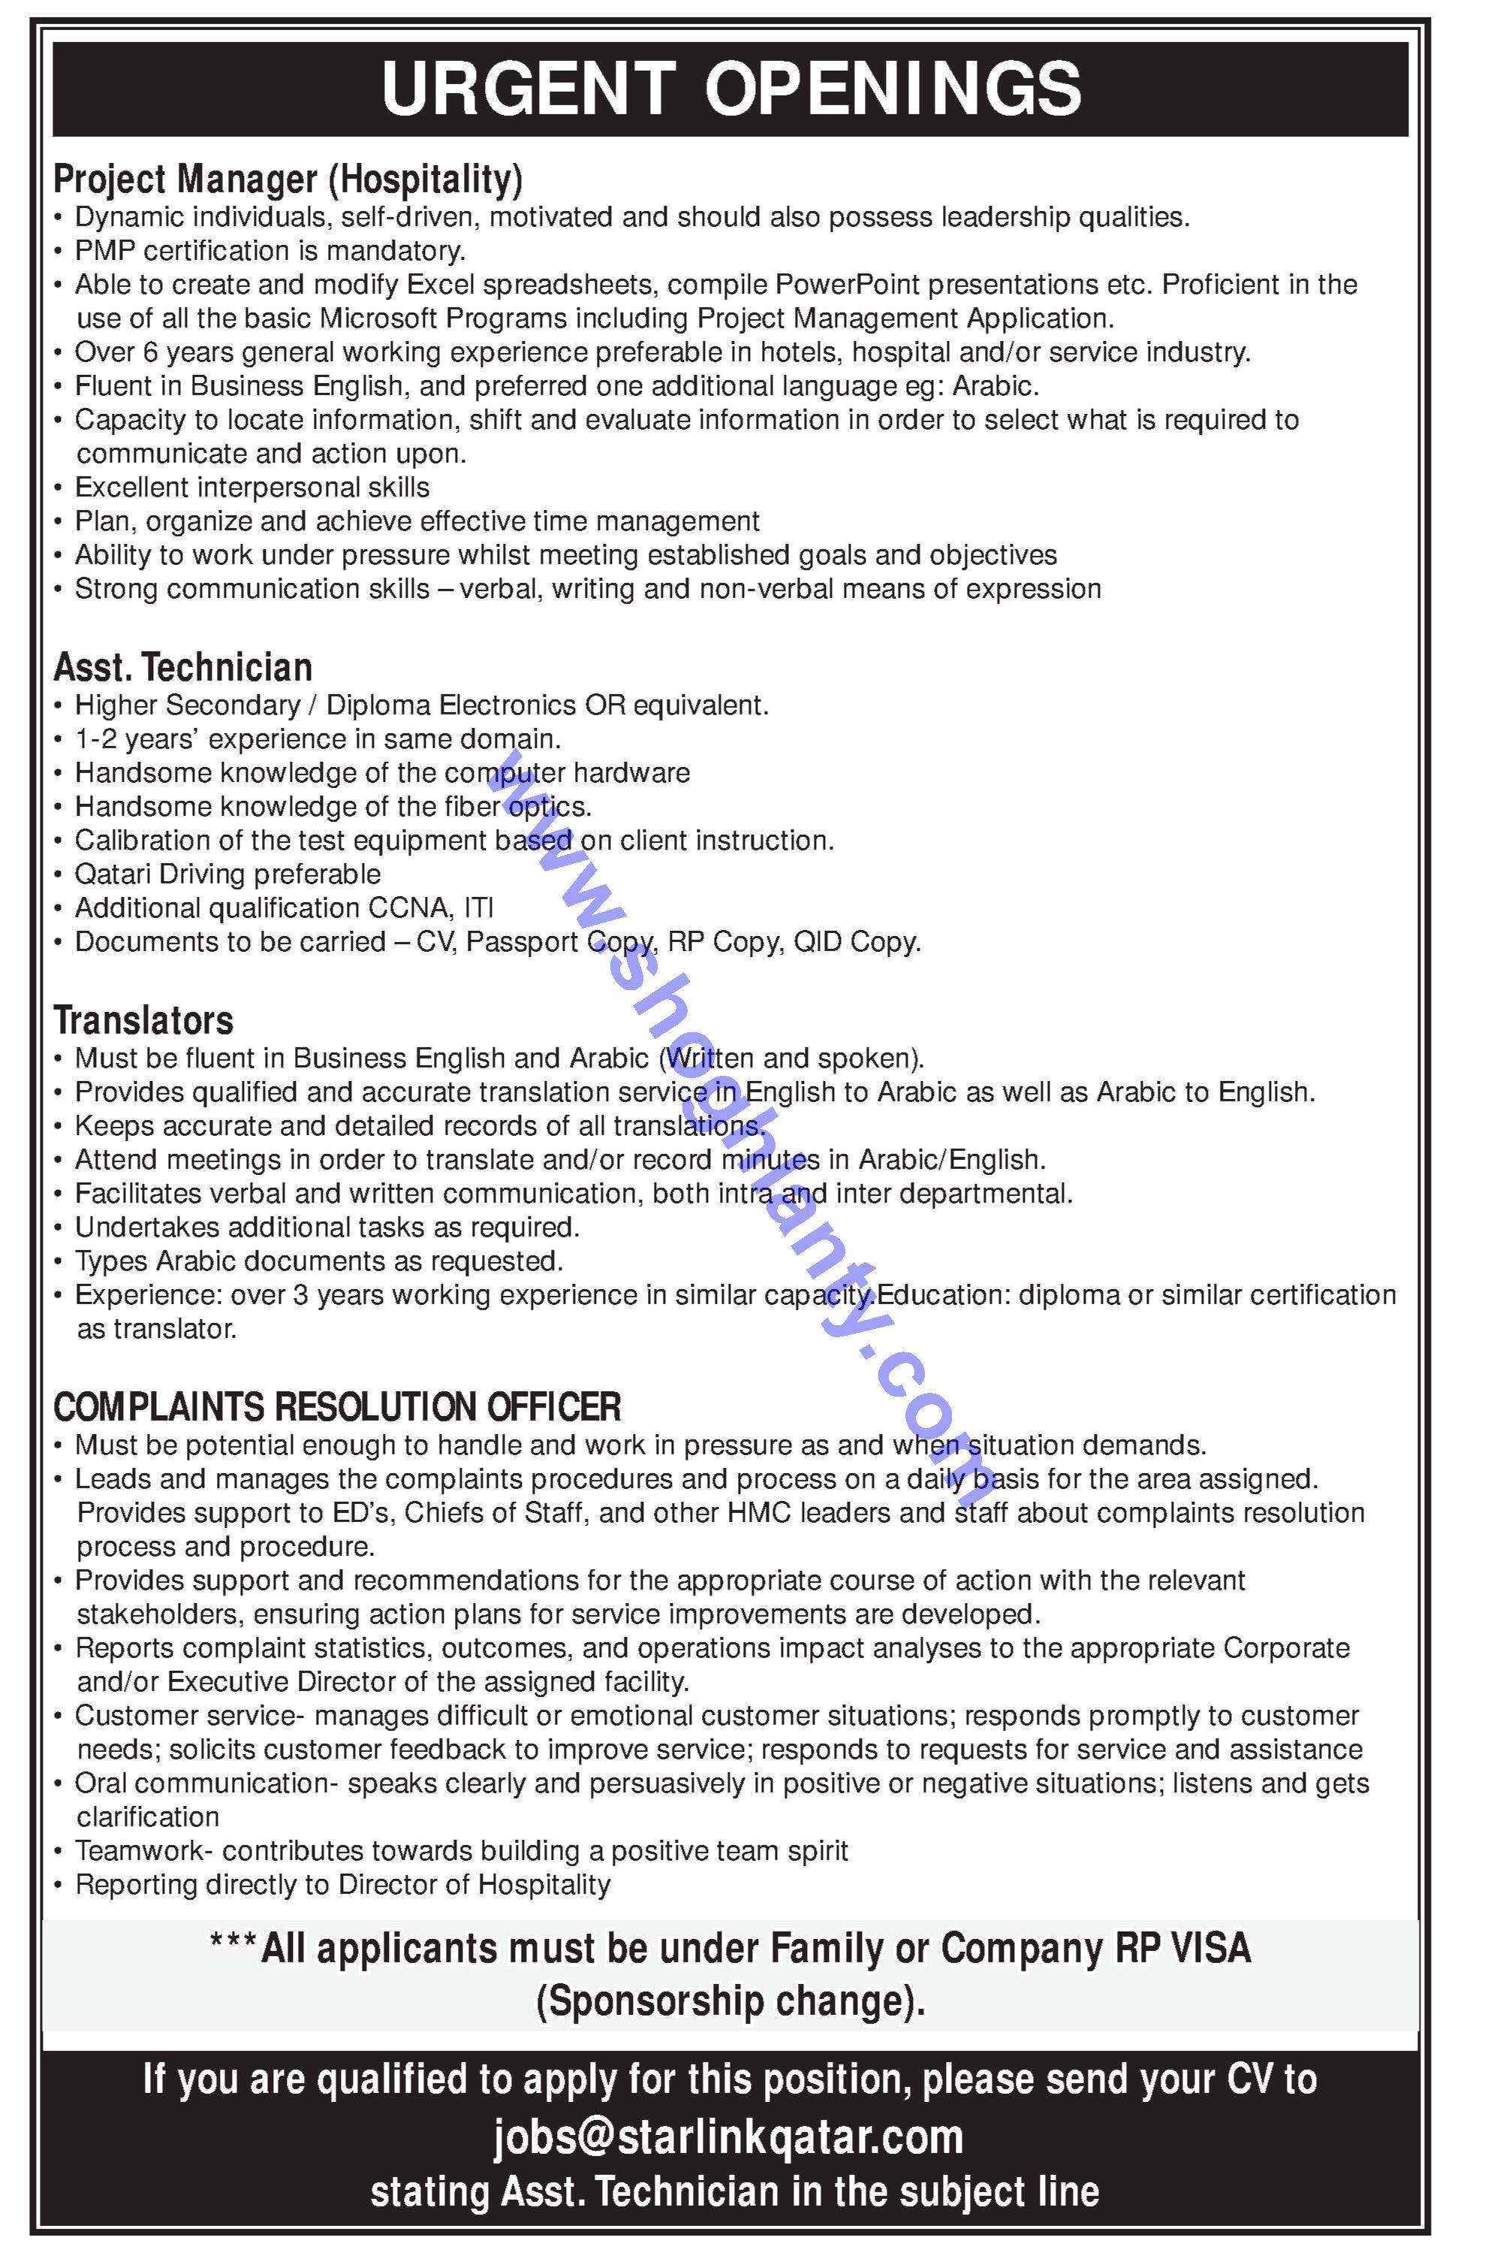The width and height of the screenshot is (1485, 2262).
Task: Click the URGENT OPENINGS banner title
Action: [x=730, y=89]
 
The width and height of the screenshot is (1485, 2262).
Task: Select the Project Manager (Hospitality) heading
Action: [x=288, y=179]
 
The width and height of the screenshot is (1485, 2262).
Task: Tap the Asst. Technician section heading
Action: [x=182, y=667]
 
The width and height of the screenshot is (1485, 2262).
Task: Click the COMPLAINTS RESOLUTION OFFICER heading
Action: [x=337, y=1406]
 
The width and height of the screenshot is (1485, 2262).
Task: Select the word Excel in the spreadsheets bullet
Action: [x=436, y=285]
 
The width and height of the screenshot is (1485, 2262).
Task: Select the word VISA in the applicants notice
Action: [x=1212, y=1949]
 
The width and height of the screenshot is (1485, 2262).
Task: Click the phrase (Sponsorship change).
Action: [x=730, y=2001]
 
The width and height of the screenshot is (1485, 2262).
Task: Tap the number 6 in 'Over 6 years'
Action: [x=149, y=352]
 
